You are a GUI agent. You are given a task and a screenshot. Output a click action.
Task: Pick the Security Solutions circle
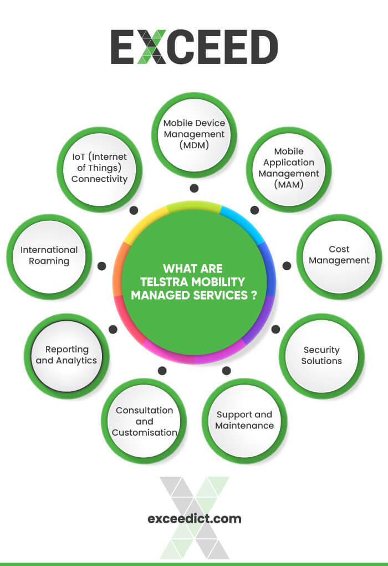point(321,356)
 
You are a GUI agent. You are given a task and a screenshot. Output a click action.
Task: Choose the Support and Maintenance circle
point(244,421)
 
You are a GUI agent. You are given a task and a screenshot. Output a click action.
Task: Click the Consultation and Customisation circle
point(144,421)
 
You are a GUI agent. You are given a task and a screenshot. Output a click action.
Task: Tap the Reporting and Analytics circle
point(67,356)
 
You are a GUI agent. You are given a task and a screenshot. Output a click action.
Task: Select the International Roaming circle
point(49,256)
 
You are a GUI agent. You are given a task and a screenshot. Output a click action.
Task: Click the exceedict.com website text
point(194,519)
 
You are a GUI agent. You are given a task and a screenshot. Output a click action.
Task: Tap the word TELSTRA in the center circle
point(165,282)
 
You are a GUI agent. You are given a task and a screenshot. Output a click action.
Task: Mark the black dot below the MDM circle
point(194,189)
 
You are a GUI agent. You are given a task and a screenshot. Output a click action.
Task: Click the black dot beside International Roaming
point(101,266)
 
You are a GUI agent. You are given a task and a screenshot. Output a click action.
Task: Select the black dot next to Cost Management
point(287,266)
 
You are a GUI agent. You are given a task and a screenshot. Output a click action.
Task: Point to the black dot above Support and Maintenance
point(226,370)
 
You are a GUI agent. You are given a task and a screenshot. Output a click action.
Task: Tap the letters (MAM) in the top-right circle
point(289,185)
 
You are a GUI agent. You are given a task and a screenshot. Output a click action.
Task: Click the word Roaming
point(49,261)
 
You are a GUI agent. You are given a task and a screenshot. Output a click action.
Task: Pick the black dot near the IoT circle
point(134,210)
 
